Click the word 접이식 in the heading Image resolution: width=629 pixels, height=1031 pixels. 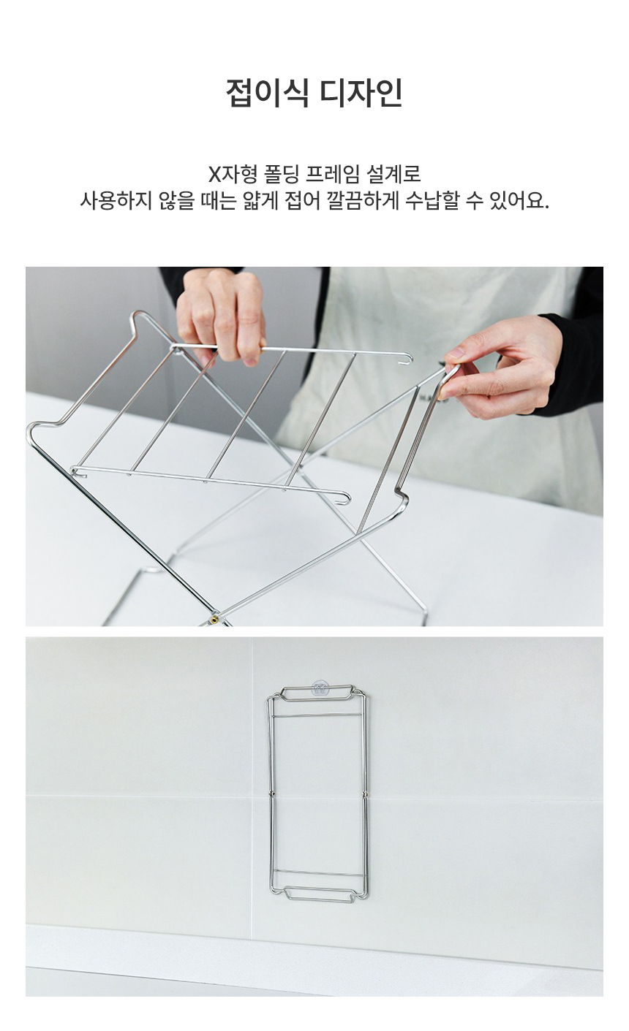tap(267, 94)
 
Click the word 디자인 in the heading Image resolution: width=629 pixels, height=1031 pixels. tap(361, 94)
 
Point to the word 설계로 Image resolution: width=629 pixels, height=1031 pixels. tap(393, 174)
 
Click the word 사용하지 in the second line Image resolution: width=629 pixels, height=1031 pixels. tap(116, 201)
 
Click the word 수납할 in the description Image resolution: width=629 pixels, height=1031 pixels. tap(432, 201)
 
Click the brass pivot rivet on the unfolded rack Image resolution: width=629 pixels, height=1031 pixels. tap(214, 619)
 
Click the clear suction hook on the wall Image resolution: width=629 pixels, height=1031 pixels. tap(320, 688)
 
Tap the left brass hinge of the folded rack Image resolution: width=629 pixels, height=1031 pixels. tap(271, 794)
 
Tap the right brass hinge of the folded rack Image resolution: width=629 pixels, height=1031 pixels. tap(365, 794)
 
